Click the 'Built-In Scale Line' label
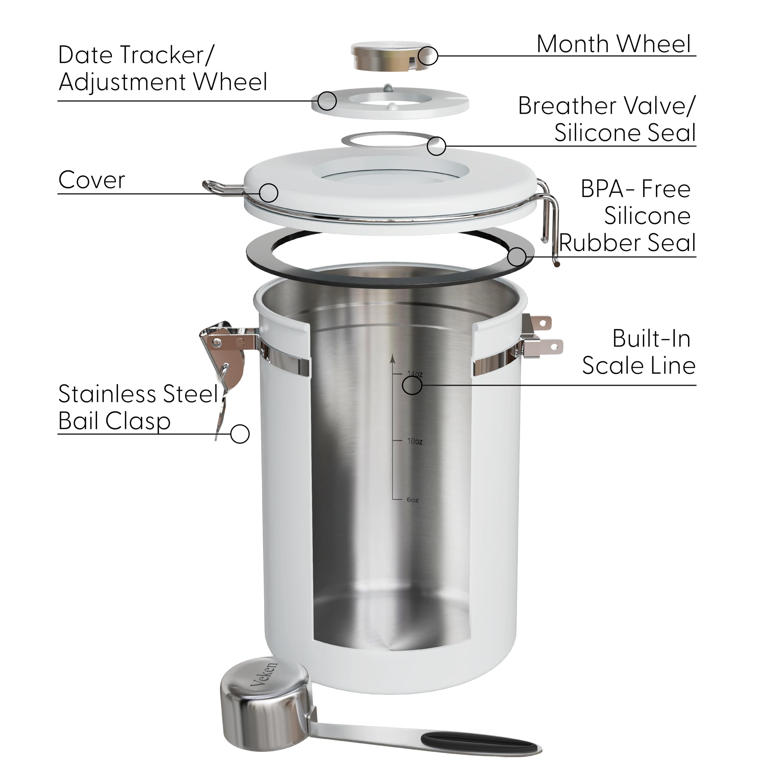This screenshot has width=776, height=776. tap(639, 352)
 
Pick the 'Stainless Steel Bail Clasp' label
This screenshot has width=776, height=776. tap(138, 407)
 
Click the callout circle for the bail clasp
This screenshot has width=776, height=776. tap(240, 434)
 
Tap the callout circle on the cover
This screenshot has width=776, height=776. tap(269, 193)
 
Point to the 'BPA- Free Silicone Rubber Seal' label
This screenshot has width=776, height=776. tap(627, 216)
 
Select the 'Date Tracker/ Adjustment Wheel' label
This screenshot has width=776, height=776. tap(163, 68)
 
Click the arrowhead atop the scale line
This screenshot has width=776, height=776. tap(393, 359)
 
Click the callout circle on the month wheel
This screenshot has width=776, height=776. tap(428, 55)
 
